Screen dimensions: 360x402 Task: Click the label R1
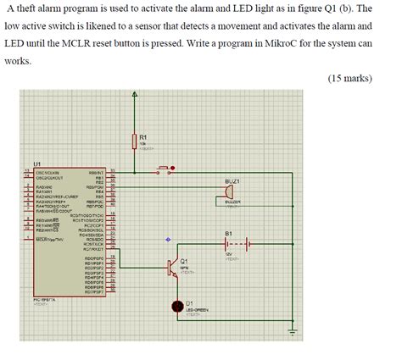(x=144, y=136)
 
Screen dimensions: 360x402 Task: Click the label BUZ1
(x=232, y=181)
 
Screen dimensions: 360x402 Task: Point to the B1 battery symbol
(x=236, y=245)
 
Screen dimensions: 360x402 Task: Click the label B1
(x=229, y=233)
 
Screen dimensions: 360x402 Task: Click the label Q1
(x=184, y=260)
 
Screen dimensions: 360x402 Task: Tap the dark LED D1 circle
(x=177, y=306)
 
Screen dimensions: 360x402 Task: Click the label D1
(x=190, y=302)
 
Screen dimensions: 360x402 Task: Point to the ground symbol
(x=293, y=332)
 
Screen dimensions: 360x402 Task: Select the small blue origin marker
(x=167, y=239)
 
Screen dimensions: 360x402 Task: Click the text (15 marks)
(x=349, y=79)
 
